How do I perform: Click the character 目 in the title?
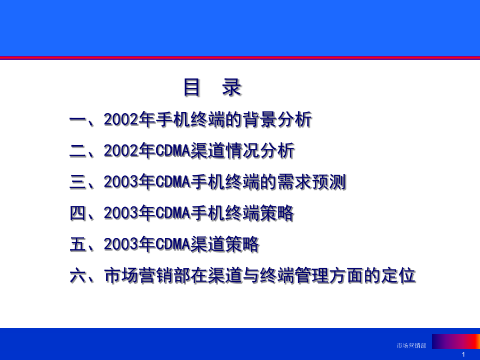(x=191, y=87)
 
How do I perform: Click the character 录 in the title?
(x=231, y=87)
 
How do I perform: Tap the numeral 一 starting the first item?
(x=77, y=119)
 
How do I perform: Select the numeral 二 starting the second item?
(x=77, y=150)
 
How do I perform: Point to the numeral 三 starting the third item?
(x=77, y=182)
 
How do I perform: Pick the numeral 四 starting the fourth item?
(x=77, y=213)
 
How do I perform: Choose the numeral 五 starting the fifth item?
(x=77, y=244)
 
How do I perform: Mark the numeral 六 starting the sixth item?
(x=77, y=276)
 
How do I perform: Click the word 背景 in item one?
(x=260, y=119)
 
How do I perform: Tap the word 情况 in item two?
(x=243, y=150)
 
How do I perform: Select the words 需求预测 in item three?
(x=311, y=182)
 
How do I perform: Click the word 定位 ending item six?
(x=398, y=275)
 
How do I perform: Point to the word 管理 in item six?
(x=312, y=275)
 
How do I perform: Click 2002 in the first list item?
(x=121, y=119)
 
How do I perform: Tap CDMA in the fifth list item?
(x=173, y=244)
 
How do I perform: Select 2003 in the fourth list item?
(x=121, y=213)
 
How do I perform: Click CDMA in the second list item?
(x=173, y=150)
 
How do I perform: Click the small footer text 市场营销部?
(x=411, y=346)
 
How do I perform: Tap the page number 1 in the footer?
(x=463, y=355)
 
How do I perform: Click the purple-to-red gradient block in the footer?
(x=456, y=341)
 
